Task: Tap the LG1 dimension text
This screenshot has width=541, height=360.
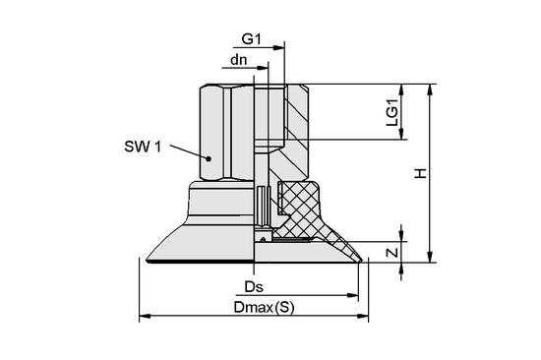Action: click(391, 113)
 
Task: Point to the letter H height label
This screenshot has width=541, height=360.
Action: click(419, 174)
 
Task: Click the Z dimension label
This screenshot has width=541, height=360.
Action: click(391, 251)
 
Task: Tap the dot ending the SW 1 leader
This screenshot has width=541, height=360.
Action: click(210, 157)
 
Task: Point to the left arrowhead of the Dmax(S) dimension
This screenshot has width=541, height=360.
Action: click(145, 317)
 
